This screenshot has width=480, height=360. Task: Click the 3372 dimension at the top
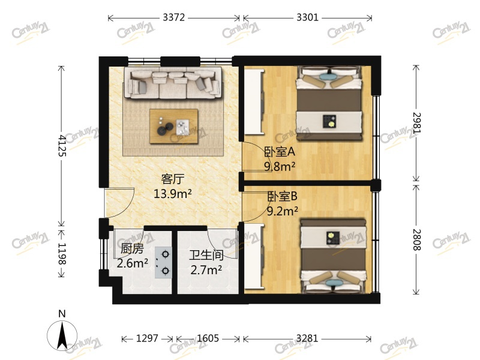click(173, 17)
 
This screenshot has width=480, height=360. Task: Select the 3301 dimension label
click(307, 17)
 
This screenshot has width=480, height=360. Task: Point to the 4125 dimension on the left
click(62, 145)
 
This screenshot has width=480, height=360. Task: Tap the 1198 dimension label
click(62, 254)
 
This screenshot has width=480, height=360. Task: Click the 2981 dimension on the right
click(416, 123)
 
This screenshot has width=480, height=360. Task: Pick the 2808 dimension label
click(416, 240)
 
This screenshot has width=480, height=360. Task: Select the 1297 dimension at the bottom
click(147, 338)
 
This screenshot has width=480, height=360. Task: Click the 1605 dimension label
click(208, 338)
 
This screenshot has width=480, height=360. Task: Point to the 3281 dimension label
click(307, 338)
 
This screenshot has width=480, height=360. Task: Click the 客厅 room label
click(173, 179)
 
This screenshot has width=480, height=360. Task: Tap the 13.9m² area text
click(173, 194)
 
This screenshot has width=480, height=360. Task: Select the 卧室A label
click(280, 152)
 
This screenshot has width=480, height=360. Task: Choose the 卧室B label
click(283, 196)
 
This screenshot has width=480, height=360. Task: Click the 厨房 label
click(132, 248)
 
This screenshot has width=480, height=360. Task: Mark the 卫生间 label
click(206, 255)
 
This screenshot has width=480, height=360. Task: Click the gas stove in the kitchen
click(163, 262)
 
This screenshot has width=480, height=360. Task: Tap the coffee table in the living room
click(173, 126)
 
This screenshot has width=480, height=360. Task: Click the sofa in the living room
click(173, 83)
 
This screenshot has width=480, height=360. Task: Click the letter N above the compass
click(62, 314)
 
